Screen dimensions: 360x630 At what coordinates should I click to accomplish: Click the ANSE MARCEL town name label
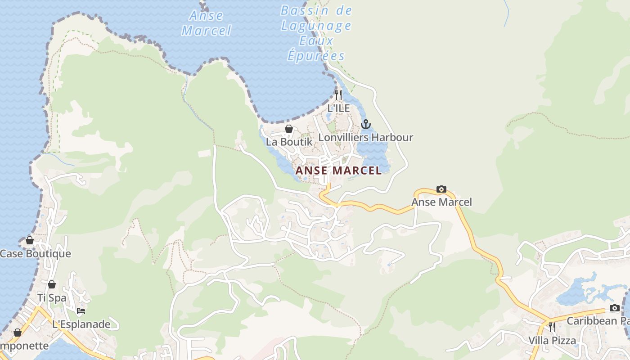click(x=338, y=171)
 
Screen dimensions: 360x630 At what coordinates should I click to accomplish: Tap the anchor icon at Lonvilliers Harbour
click(x=366, y=124)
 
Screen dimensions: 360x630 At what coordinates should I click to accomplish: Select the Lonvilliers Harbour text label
click(x=365, y=137)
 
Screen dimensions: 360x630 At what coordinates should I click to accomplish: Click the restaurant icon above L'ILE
click(x=338, y=94)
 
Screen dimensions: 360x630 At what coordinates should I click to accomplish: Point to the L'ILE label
click(x=338, y=108)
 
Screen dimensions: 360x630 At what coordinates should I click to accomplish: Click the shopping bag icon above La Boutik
click(x=289, y=129)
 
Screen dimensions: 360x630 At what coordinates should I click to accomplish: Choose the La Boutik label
click(x=289, y=141)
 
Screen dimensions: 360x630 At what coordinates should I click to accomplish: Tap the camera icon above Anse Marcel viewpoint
click(x=441, y=189)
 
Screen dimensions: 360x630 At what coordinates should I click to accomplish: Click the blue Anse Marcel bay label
click(x=206, y=23)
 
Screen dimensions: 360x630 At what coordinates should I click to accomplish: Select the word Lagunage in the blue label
click(x=316, y=26)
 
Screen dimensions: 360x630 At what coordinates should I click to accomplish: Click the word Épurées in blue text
click(x=316, y=56)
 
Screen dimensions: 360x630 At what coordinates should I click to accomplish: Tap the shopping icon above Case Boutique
click(x=29, y=240)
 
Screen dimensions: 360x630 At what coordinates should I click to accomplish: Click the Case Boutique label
click(x=35, y=253)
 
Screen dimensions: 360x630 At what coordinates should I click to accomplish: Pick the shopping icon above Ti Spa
click(x=52, y=284)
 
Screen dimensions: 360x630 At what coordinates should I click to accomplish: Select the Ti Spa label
click(x=52, y=297)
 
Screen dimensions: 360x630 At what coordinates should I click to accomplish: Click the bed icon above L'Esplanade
click(x=81, y=311)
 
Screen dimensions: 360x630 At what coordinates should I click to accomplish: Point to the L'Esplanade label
click(x=81, y=324)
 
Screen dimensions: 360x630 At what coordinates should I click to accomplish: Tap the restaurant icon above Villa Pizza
click(x=552, y=327)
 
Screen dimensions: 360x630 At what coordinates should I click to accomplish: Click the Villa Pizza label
click(x=552, y=340)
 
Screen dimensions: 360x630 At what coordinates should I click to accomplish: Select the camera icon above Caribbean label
click(x=614, y=308)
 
